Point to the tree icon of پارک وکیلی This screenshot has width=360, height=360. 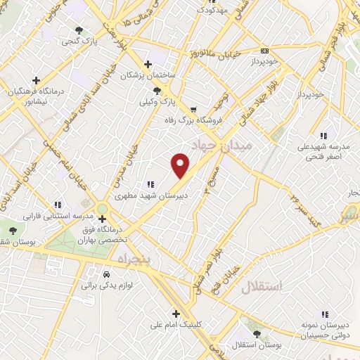157,91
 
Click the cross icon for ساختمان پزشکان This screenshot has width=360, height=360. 146,63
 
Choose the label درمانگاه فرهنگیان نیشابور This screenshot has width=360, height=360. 29,96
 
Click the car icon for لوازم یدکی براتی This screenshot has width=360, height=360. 106,274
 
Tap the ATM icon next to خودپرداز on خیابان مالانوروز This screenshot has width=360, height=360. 264,51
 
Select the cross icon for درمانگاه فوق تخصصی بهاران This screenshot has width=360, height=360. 103,219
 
